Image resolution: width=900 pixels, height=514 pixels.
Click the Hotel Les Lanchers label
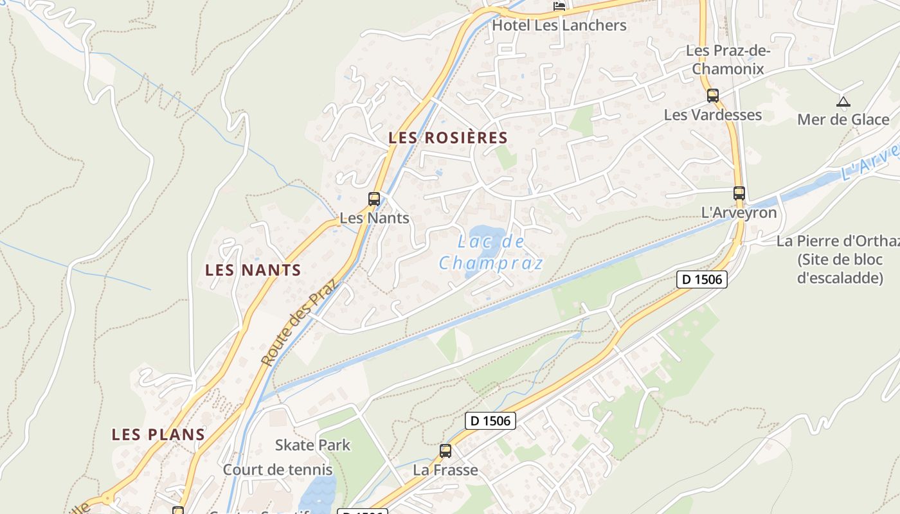coord(559,26)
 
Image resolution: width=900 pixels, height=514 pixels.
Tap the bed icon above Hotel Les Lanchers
coord(559,6)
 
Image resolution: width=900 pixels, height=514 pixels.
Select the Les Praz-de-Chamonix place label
coord(728,59)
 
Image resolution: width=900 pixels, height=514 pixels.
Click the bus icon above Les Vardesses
coord(712,96)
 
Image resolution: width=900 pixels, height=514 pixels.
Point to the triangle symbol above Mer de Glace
coord(843,102)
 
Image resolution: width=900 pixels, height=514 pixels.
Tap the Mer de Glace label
coord(843,120)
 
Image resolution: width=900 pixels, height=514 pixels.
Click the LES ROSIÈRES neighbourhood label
coord(448,137)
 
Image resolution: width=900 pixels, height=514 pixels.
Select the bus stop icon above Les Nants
coord(374,199)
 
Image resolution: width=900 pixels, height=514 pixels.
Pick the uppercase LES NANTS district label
coord(253,270)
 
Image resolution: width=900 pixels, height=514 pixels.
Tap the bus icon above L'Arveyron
coord(739,193)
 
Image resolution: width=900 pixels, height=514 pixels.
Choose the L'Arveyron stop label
coord(739,213)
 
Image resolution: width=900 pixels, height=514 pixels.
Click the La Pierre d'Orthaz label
coord(838,241)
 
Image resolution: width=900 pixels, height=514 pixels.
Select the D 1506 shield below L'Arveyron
coord(701,279)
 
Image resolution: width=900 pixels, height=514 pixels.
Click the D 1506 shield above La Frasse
coord(490,421)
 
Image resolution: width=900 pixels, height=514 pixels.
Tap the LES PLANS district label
coord(158,434)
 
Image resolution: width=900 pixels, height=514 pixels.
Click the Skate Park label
coord(312,445)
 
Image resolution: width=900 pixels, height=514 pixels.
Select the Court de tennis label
coord(278,470)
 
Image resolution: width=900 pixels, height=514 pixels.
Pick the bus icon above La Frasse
coord(446,451)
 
